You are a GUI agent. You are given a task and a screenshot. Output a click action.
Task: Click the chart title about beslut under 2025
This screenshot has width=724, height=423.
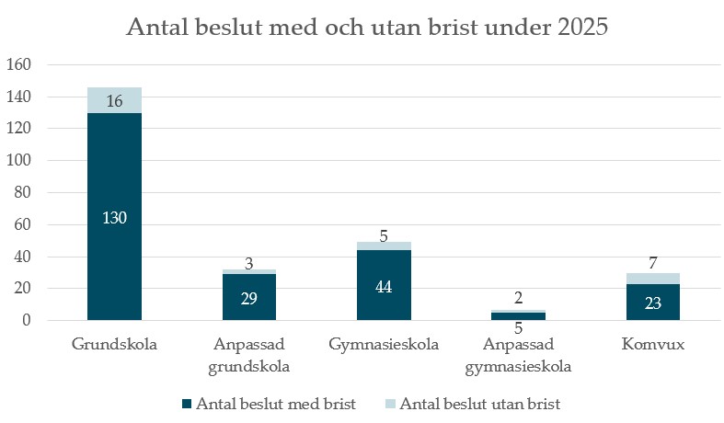pyautogui.click(x=367, y=29)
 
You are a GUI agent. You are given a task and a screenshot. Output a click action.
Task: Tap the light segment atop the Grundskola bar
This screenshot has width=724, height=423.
pyautogui.click(x=114, y=100)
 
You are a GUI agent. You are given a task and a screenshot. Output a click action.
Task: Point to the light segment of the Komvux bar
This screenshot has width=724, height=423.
pyautogui.click(x=653, y=279)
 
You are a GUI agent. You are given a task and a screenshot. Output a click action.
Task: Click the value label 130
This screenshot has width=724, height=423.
pyautogui.click(x=115, y=218)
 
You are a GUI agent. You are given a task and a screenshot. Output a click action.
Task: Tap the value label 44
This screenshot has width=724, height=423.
pyautogui.click(x=385, y=286)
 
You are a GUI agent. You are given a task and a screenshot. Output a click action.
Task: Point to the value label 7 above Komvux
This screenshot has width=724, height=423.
pyautogui.click(x=653, y=264)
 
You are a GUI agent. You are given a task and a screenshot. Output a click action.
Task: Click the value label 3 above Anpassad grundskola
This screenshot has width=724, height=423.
pyautogui.click(x=248, y=264)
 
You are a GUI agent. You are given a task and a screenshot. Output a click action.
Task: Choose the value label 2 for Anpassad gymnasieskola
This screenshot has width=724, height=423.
pyautogui.click(x=519, y=298)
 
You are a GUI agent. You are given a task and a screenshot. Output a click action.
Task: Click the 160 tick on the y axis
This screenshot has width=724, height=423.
pyautogui.click(x=19, y=65)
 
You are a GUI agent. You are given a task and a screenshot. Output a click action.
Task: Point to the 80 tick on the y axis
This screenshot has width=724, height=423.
pyautogui.click(x=23, y=193)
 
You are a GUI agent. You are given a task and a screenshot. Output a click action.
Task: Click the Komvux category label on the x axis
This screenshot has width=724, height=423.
pyautogui.click(x=653, y=346)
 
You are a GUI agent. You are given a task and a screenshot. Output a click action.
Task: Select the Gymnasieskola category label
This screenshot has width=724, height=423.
pyautogui.click(x=384, y=346)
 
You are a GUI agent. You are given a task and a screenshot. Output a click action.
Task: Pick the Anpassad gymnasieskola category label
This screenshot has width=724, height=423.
pyautogui.click(x=519, y=355)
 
